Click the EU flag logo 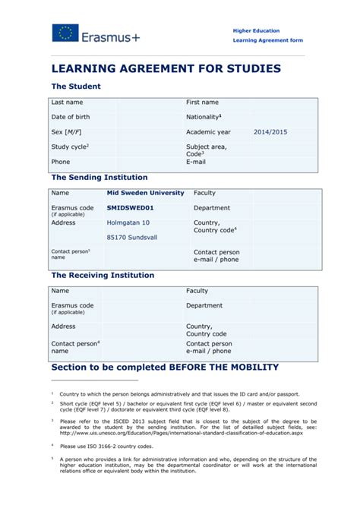(x=65, y=33)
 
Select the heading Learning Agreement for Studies (x=166, y=68)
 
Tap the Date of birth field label (x=70, y=117)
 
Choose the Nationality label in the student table (x=204, y=117)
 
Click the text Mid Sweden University (x=145, y=193)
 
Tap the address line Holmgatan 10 (x=128, y=222)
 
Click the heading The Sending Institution (x=99, y=177)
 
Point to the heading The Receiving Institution (x=102, y=275)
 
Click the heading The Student (x=75, y=87)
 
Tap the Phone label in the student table (x=60, y=162)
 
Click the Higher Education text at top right (x=257, y=30)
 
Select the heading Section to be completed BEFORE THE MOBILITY (x=164, y=368)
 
